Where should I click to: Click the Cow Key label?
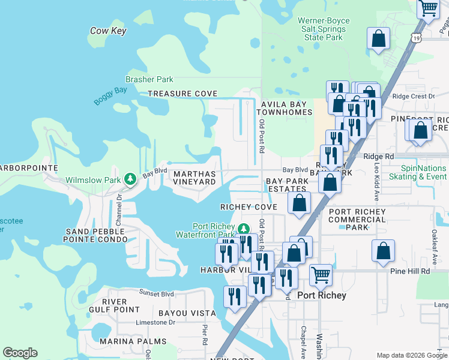pos(107,31)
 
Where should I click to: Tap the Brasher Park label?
pos(149,79)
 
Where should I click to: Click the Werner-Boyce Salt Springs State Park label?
pos(324,29)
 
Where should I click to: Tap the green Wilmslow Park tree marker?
pos(130,179)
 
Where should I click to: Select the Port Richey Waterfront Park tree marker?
pos(243,229)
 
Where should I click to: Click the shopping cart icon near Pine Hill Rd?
pos(321,275)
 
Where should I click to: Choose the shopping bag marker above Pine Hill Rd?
pos(383,251)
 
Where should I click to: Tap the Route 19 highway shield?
pos(416,37)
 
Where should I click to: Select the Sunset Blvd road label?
pos(157,293)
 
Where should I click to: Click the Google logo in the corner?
pos(20,353)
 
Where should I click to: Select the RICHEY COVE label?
pos(249,207)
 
